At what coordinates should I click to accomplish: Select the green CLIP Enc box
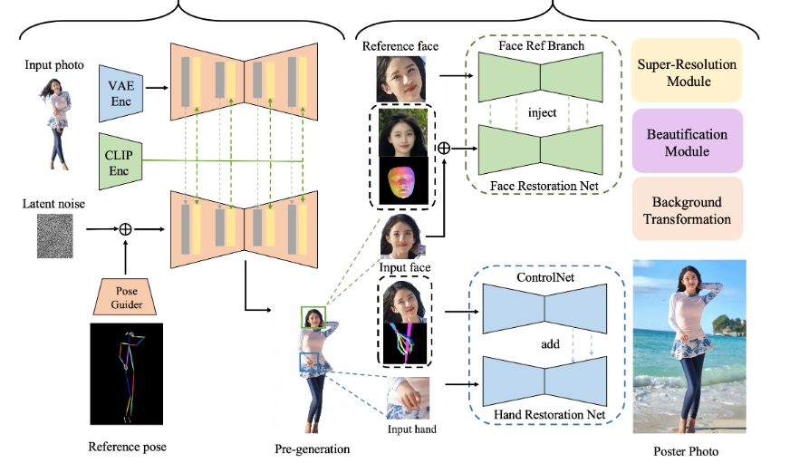pyautogui.click(x=120, y=162)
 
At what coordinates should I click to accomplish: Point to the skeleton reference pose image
pyautogui.click(x=125, y=373)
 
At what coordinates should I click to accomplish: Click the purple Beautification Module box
pyautogui.click(x=685, y=141)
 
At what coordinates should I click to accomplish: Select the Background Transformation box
pyautogui.click(x=685, y=209)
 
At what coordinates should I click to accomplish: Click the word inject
pyautogui.click(x=541, y=112)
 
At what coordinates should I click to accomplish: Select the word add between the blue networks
pyautogui.click(x=541, y=343)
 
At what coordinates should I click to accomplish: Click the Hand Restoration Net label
pyautogui.click(x=541, y=414)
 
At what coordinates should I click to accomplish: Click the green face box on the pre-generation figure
pyautogui.click(x=313, y=317)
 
